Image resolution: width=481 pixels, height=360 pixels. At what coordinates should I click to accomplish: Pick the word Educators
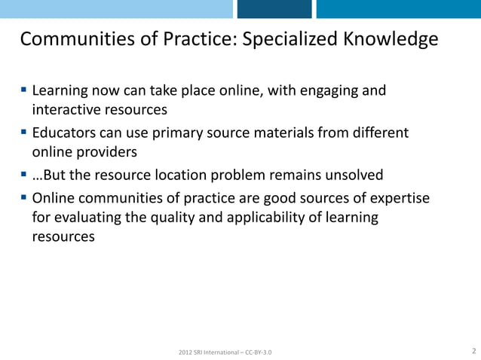(x=66, y=133)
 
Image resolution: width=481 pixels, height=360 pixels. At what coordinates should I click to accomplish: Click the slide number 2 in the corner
(x=473, y=351)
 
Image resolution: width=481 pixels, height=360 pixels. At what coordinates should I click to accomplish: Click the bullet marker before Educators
(x=24, y=133)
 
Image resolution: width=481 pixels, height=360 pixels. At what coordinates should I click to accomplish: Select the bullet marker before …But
(x=24, y=175)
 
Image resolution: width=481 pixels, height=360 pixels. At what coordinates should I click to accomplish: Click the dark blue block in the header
(x=274, y=9)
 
